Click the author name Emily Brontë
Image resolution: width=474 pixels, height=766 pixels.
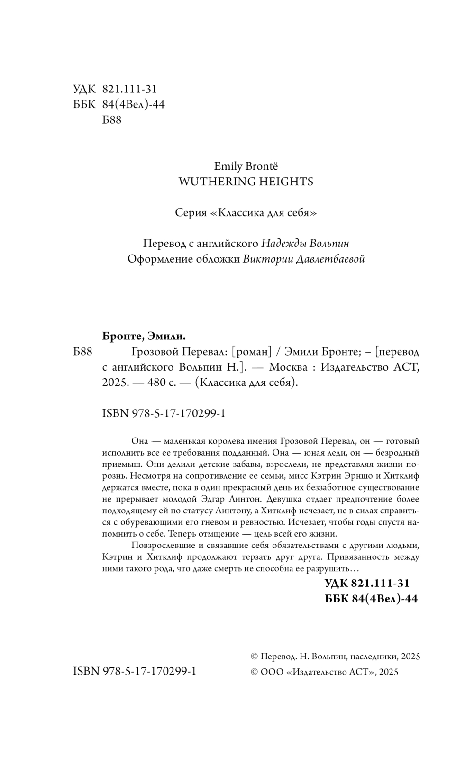tap(246, 166)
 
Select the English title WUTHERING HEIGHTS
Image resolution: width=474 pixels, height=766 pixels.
tap(245, 182)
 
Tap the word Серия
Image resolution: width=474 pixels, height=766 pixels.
tap(191, 212)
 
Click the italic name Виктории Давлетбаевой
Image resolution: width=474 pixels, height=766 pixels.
tap(304, 259)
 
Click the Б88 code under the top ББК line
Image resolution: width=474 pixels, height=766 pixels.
tap(112, 120)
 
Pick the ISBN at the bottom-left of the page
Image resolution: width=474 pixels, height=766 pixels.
tap(135, 671)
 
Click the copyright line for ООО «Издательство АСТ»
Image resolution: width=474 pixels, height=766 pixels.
tap(324, 672)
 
